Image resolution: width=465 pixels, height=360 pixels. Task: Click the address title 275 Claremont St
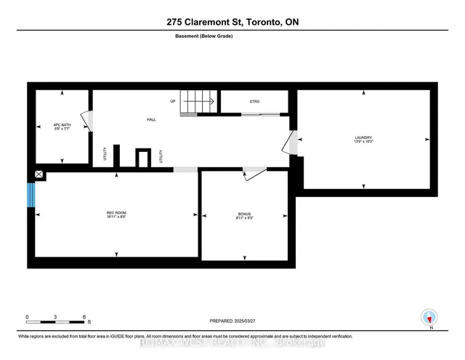(x=232, y=22)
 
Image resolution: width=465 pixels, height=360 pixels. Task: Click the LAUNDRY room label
(x=363, y=137)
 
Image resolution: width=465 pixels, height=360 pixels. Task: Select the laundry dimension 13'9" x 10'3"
(x=363, y=143)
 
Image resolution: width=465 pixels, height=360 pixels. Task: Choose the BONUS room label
(x=244, y=214)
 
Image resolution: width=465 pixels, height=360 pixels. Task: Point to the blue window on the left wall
(x=31, y=194)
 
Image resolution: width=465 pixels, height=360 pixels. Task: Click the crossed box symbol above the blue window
(x=39, y=175)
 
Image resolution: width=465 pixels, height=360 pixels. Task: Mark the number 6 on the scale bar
(x=85, y=317)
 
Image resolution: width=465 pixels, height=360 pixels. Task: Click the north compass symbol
(x=429, y=318)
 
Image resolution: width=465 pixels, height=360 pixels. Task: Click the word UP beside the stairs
(x=173, y=101)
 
